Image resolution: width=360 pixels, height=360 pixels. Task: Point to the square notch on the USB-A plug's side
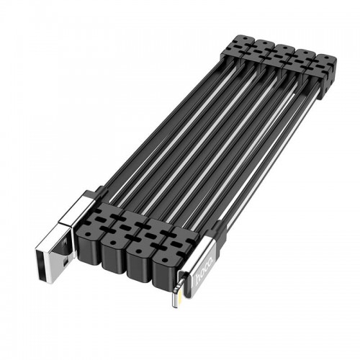click(x=65, y=264)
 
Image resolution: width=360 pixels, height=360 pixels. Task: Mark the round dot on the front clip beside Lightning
click(x=164, y=260)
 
